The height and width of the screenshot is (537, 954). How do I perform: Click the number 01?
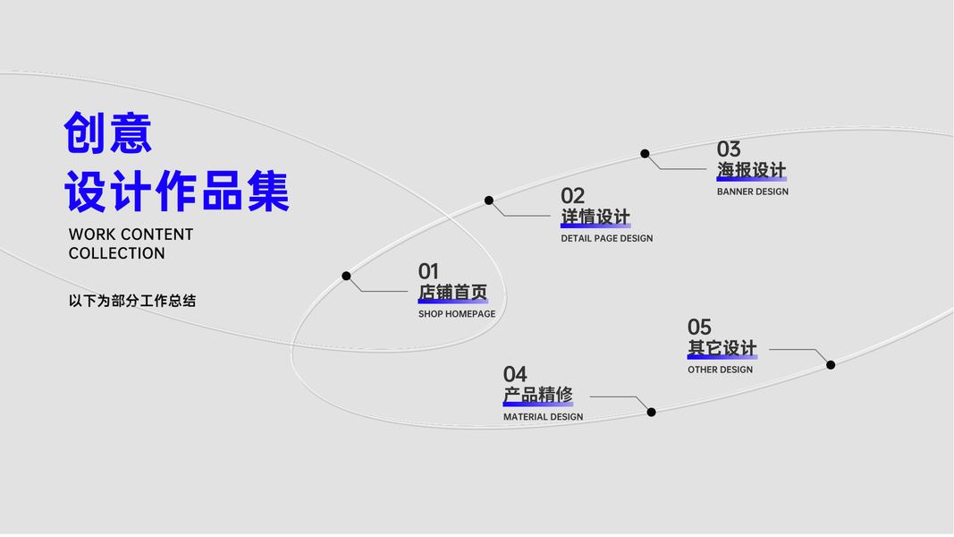point(428,271)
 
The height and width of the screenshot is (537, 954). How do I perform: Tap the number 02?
point(572,196)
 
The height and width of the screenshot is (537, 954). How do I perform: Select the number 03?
point(729,149)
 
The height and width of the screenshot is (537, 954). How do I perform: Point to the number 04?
point(515,374)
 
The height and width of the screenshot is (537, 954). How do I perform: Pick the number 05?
point(699,328)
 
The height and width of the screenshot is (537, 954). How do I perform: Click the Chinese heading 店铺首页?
point(452,293)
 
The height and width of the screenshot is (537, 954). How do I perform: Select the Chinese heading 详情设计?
point(595,217)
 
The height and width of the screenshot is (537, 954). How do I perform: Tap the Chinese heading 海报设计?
point(751,170)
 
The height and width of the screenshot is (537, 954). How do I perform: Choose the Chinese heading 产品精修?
point(537,395)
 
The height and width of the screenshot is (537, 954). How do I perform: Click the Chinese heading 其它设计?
point(722,348)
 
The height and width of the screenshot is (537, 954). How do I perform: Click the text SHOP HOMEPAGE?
point(457,314)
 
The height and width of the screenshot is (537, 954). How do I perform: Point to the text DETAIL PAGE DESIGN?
point(607,239)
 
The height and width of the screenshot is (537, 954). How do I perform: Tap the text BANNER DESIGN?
point(753,192)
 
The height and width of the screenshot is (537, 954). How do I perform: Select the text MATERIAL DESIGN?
point(543,417)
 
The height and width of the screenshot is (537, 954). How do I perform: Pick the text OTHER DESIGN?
point(720,370)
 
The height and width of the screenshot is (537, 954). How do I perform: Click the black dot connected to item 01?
point(346,276)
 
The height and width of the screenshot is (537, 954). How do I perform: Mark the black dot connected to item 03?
point(645,154)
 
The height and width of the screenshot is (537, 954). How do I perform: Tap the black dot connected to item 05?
point(831,364)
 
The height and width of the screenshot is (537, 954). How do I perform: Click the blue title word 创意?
point(108,134)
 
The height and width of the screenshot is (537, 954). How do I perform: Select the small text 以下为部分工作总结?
point(132,301)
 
